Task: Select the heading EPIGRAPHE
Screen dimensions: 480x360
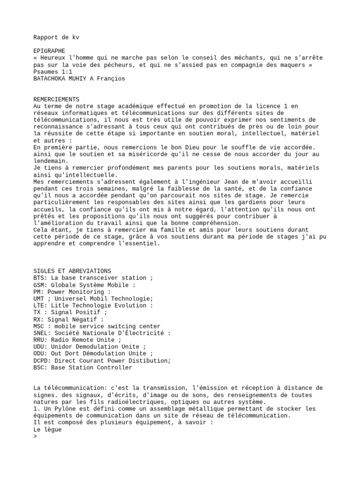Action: (49, 51)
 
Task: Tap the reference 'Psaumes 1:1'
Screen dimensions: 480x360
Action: (53, 72)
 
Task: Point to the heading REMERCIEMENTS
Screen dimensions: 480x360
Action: (56, 99)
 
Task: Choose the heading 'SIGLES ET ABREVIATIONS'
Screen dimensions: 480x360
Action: (72, 271)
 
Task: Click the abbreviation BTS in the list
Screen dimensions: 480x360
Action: (39, 278)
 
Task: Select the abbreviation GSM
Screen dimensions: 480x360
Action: (39, 285)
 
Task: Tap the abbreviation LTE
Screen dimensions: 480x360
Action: (39, 305)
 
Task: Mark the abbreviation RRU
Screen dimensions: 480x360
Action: (39, 340)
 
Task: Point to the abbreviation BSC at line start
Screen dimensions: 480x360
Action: (39, 367)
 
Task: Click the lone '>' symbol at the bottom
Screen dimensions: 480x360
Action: (35, 436)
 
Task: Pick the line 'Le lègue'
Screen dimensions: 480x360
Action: (47, 429)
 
